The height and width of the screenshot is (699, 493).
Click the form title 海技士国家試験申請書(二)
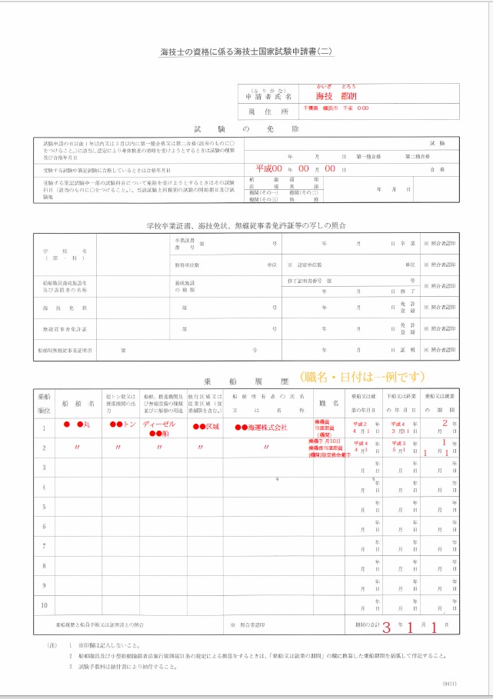coord(246,52)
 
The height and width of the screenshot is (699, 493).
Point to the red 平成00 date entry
coord(269,168)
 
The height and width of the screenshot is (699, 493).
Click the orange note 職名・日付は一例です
coord(361,377)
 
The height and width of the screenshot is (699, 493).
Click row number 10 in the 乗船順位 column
coord(44,605)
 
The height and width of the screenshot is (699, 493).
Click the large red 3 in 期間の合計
coord(387,627)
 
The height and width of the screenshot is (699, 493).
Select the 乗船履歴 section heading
coord(246,379)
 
